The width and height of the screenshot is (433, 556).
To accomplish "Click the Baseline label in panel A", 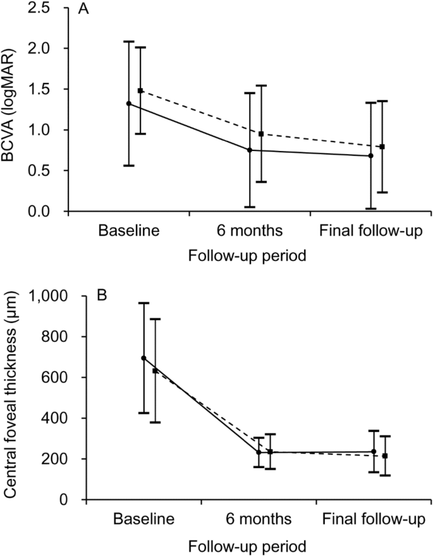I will [x=128, y=230].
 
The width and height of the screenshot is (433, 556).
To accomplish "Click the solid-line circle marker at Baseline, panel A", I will [x=129, y=103].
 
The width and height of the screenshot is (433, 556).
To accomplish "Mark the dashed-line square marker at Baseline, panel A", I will [x=140, y=90].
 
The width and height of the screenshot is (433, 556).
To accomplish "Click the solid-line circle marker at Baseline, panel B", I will [x=143, y=358].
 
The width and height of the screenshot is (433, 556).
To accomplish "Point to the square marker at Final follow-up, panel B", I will [x=385, y=456].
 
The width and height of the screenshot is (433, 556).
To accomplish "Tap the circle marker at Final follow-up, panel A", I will [x=370, y=155].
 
